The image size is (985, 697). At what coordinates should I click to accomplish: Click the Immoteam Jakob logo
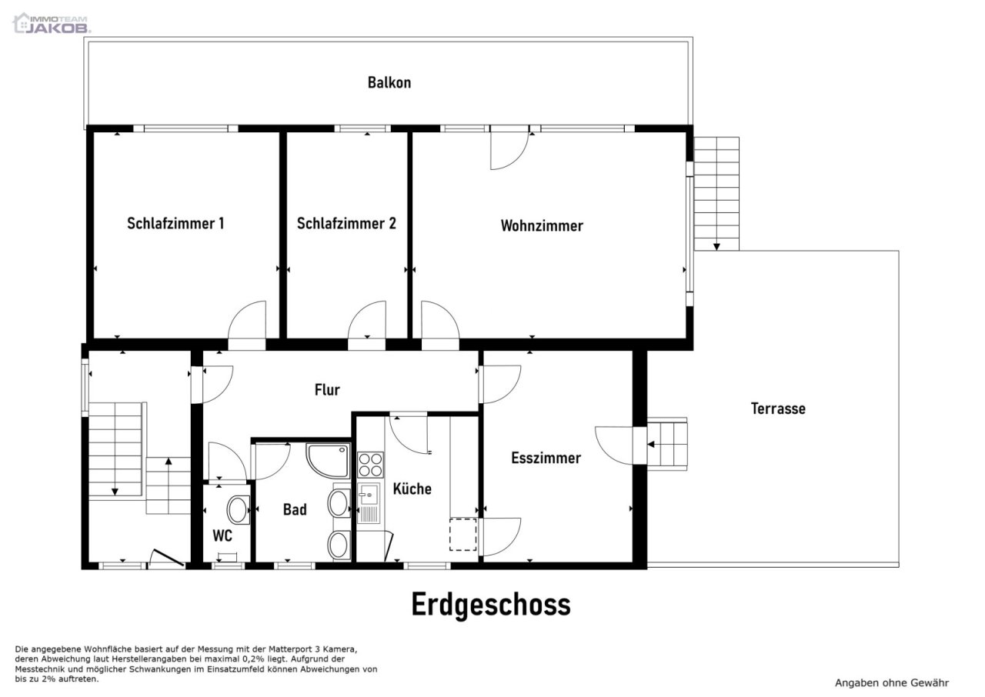[x=52, y=23]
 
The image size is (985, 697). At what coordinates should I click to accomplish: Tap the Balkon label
[x=389, y=82]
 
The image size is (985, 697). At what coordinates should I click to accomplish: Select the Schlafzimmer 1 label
[x=175, y=224]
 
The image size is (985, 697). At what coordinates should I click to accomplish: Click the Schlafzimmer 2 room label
[x=346, y=224]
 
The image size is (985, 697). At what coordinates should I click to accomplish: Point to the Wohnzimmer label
[x=542, y=226]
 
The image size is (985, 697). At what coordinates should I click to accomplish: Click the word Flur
[x=327, y=390]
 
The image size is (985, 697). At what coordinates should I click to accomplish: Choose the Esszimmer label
[x=546, y=459]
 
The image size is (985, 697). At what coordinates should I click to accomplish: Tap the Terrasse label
[x=778, y=409]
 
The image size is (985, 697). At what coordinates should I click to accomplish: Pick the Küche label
[x=412, y=489]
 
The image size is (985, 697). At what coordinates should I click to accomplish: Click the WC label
[x=222, y=536]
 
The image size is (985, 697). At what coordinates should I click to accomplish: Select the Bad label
[x=295, y=509]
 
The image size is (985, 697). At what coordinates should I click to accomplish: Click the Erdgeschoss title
[x=491, y=605]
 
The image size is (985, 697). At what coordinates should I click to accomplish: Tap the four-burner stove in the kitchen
[x=370, y=465]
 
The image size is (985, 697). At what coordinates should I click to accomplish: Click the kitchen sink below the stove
[x=369, y=503]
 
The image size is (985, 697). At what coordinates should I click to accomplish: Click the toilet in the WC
[x=237, y=509]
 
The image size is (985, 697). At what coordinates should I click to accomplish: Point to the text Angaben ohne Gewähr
[x=892, y=682]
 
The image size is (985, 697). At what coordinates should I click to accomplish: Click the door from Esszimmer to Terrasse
[x=616, y=445]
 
